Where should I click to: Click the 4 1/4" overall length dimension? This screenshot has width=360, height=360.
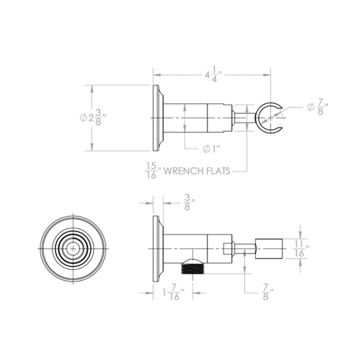pos(214,75)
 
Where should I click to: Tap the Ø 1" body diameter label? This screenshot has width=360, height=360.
pos(210,149)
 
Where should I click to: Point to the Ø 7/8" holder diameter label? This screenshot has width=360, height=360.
pos(317,108)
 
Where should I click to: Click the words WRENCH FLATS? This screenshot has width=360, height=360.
pos(196,171)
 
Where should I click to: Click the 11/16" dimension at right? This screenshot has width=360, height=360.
pos(301,248)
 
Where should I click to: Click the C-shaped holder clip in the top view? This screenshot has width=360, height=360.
pos(268,118)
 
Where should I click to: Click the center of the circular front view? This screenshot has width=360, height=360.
pos(72,248)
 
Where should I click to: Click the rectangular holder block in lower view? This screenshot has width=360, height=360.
pos(269,248)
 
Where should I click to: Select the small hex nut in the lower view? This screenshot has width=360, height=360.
pos(228,248)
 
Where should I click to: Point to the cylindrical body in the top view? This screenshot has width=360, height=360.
pos(184,118)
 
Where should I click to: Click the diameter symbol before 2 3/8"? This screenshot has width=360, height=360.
pos(83,118)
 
